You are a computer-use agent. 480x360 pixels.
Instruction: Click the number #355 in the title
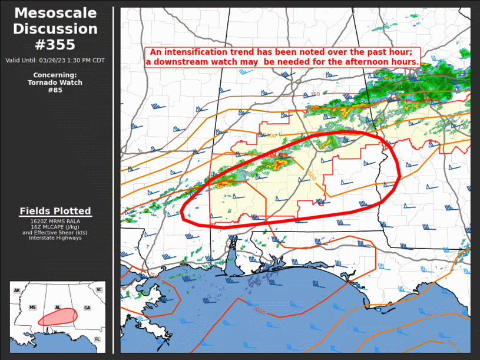pos(56,44)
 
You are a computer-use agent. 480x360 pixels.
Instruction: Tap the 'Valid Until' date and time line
pos(55,60)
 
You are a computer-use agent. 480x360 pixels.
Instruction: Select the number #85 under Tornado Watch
pos(55,90)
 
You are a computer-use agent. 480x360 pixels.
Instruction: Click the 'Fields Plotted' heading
pos(55,211)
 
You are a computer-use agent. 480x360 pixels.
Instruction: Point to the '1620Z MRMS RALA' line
pos(55,221)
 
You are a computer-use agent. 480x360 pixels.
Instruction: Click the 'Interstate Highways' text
pos(55,238)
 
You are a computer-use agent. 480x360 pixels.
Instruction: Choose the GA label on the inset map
pos(87,308)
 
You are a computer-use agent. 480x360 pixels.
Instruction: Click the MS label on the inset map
pos(32,308)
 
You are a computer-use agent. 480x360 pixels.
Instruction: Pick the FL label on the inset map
pos(97,339)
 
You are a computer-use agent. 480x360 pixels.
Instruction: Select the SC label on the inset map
pos(99,290)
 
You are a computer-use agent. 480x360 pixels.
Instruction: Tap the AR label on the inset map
pos(16,290)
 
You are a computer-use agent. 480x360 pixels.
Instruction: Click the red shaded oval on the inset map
pos(58,317)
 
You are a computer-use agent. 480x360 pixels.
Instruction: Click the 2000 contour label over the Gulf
pos(259,310)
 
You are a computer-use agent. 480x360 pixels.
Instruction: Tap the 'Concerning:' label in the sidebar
pos(55,75)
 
